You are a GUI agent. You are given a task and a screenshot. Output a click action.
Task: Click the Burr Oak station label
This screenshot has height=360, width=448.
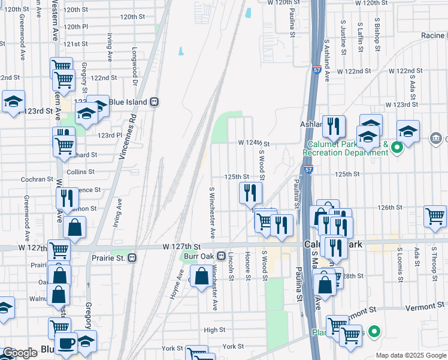[x=198, y=256]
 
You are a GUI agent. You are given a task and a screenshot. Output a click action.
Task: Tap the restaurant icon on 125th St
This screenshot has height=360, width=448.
[x=249, y=193]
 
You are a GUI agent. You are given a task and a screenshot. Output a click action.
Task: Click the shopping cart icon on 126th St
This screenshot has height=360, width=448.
[x=435, y=217]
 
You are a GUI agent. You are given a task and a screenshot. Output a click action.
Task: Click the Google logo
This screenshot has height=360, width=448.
[x=20, y=353]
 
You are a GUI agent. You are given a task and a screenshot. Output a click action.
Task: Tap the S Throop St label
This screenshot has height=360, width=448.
[x=434, y=262]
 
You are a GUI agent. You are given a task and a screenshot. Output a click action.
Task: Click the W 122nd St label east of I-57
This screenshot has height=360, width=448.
[x=355, y=71]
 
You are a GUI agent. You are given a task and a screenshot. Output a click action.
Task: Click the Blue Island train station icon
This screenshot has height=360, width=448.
[x=155, y=101]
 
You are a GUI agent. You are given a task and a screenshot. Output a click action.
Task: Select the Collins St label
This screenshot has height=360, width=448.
[x=81, y=172]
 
